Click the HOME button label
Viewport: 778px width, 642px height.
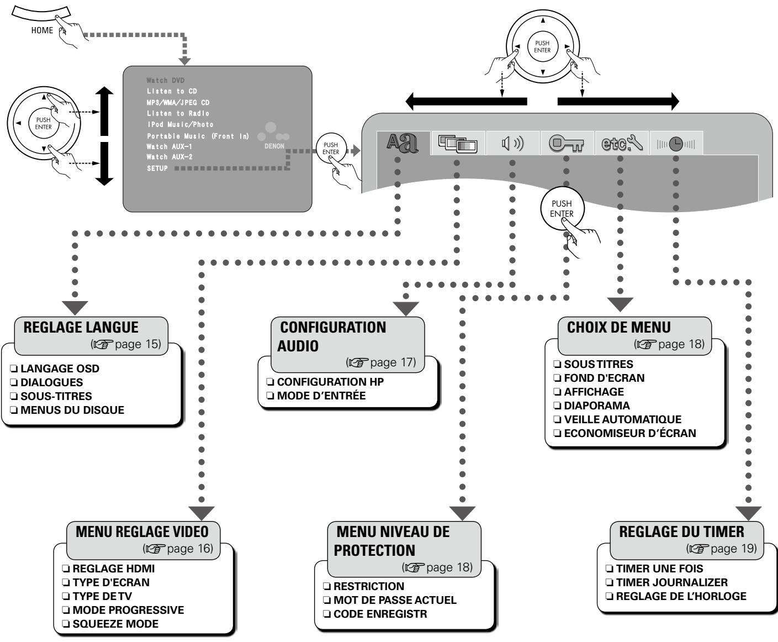pyautogui.click(x=42, y=30)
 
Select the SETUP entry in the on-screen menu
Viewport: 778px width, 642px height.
pyautogui.click(x=157, y=169)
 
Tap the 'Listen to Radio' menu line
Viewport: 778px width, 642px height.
pyautogui.click(x=178, y=113)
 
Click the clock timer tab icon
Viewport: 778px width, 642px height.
pyautogui.click(x=676, y=145)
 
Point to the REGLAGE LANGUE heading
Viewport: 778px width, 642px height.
pyautogui.click(x=81, y=327)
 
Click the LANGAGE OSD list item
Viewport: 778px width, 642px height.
pyautogui.click(x=60, y=369)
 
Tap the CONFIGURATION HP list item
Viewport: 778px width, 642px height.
pyautogui.click(x=330, y=382)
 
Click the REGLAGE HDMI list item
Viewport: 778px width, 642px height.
pyautogui.click(x=113, y=569)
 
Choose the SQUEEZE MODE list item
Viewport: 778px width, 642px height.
pyautogui.click(x=115, y=624)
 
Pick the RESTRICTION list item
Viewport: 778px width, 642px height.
pyautogui.click(x=368, y=586)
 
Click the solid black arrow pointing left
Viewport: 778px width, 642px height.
pyautogui.click(x=466, y=102)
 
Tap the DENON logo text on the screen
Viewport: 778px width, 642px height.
pyautogui.click(x=274, y=146)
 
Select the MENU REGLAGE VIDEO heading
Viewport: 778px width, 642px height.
pyautogui.click(x=142, y=532)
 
